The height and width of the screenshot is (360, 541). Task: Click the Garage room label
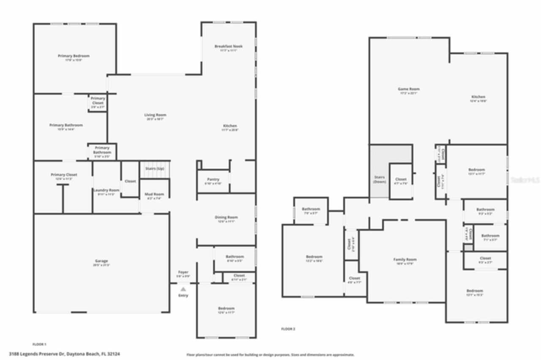coord(101,261)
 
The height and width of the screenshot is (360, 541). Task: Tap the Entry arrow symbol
coord(183,289)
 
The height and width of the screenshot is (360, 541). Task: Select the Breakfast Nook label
coord(228,46)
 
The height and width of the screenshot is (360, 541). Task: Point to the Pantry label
coord(213,179)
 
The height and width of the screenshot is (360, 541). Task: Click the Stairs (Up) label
coord(154,169)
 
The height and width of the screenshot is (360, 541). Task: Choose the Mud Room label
coord(154,194)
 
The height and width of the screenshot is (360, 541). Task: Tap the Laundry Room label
coord(107,190)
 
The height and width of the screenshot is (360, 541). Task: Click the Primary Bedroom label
coord(74,56)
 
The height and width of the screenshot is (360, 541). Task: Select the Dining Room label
coord(226,218)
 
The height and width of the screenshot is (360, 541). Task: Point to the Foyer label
coord(183,272)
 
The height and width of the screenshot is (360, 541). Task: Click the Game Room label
coord(409,89)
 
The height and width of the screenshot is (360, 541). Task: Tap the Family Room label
coord(405,259)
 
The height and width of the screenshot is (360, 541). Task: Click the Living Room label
coord(155,115)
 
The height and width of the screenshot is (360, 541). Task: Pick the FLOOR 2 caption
coord(288,329)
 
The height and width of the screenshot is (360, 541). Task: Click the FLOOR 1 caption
coord(39,344)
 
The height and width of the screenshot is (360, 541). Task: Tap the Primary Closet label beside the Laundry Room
coord(64,175)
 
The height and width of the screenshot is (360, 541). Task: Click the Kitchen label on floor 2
coord(478,97)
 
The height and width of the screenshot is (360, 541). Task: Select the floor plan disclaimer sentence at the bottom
coord(270,355)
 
